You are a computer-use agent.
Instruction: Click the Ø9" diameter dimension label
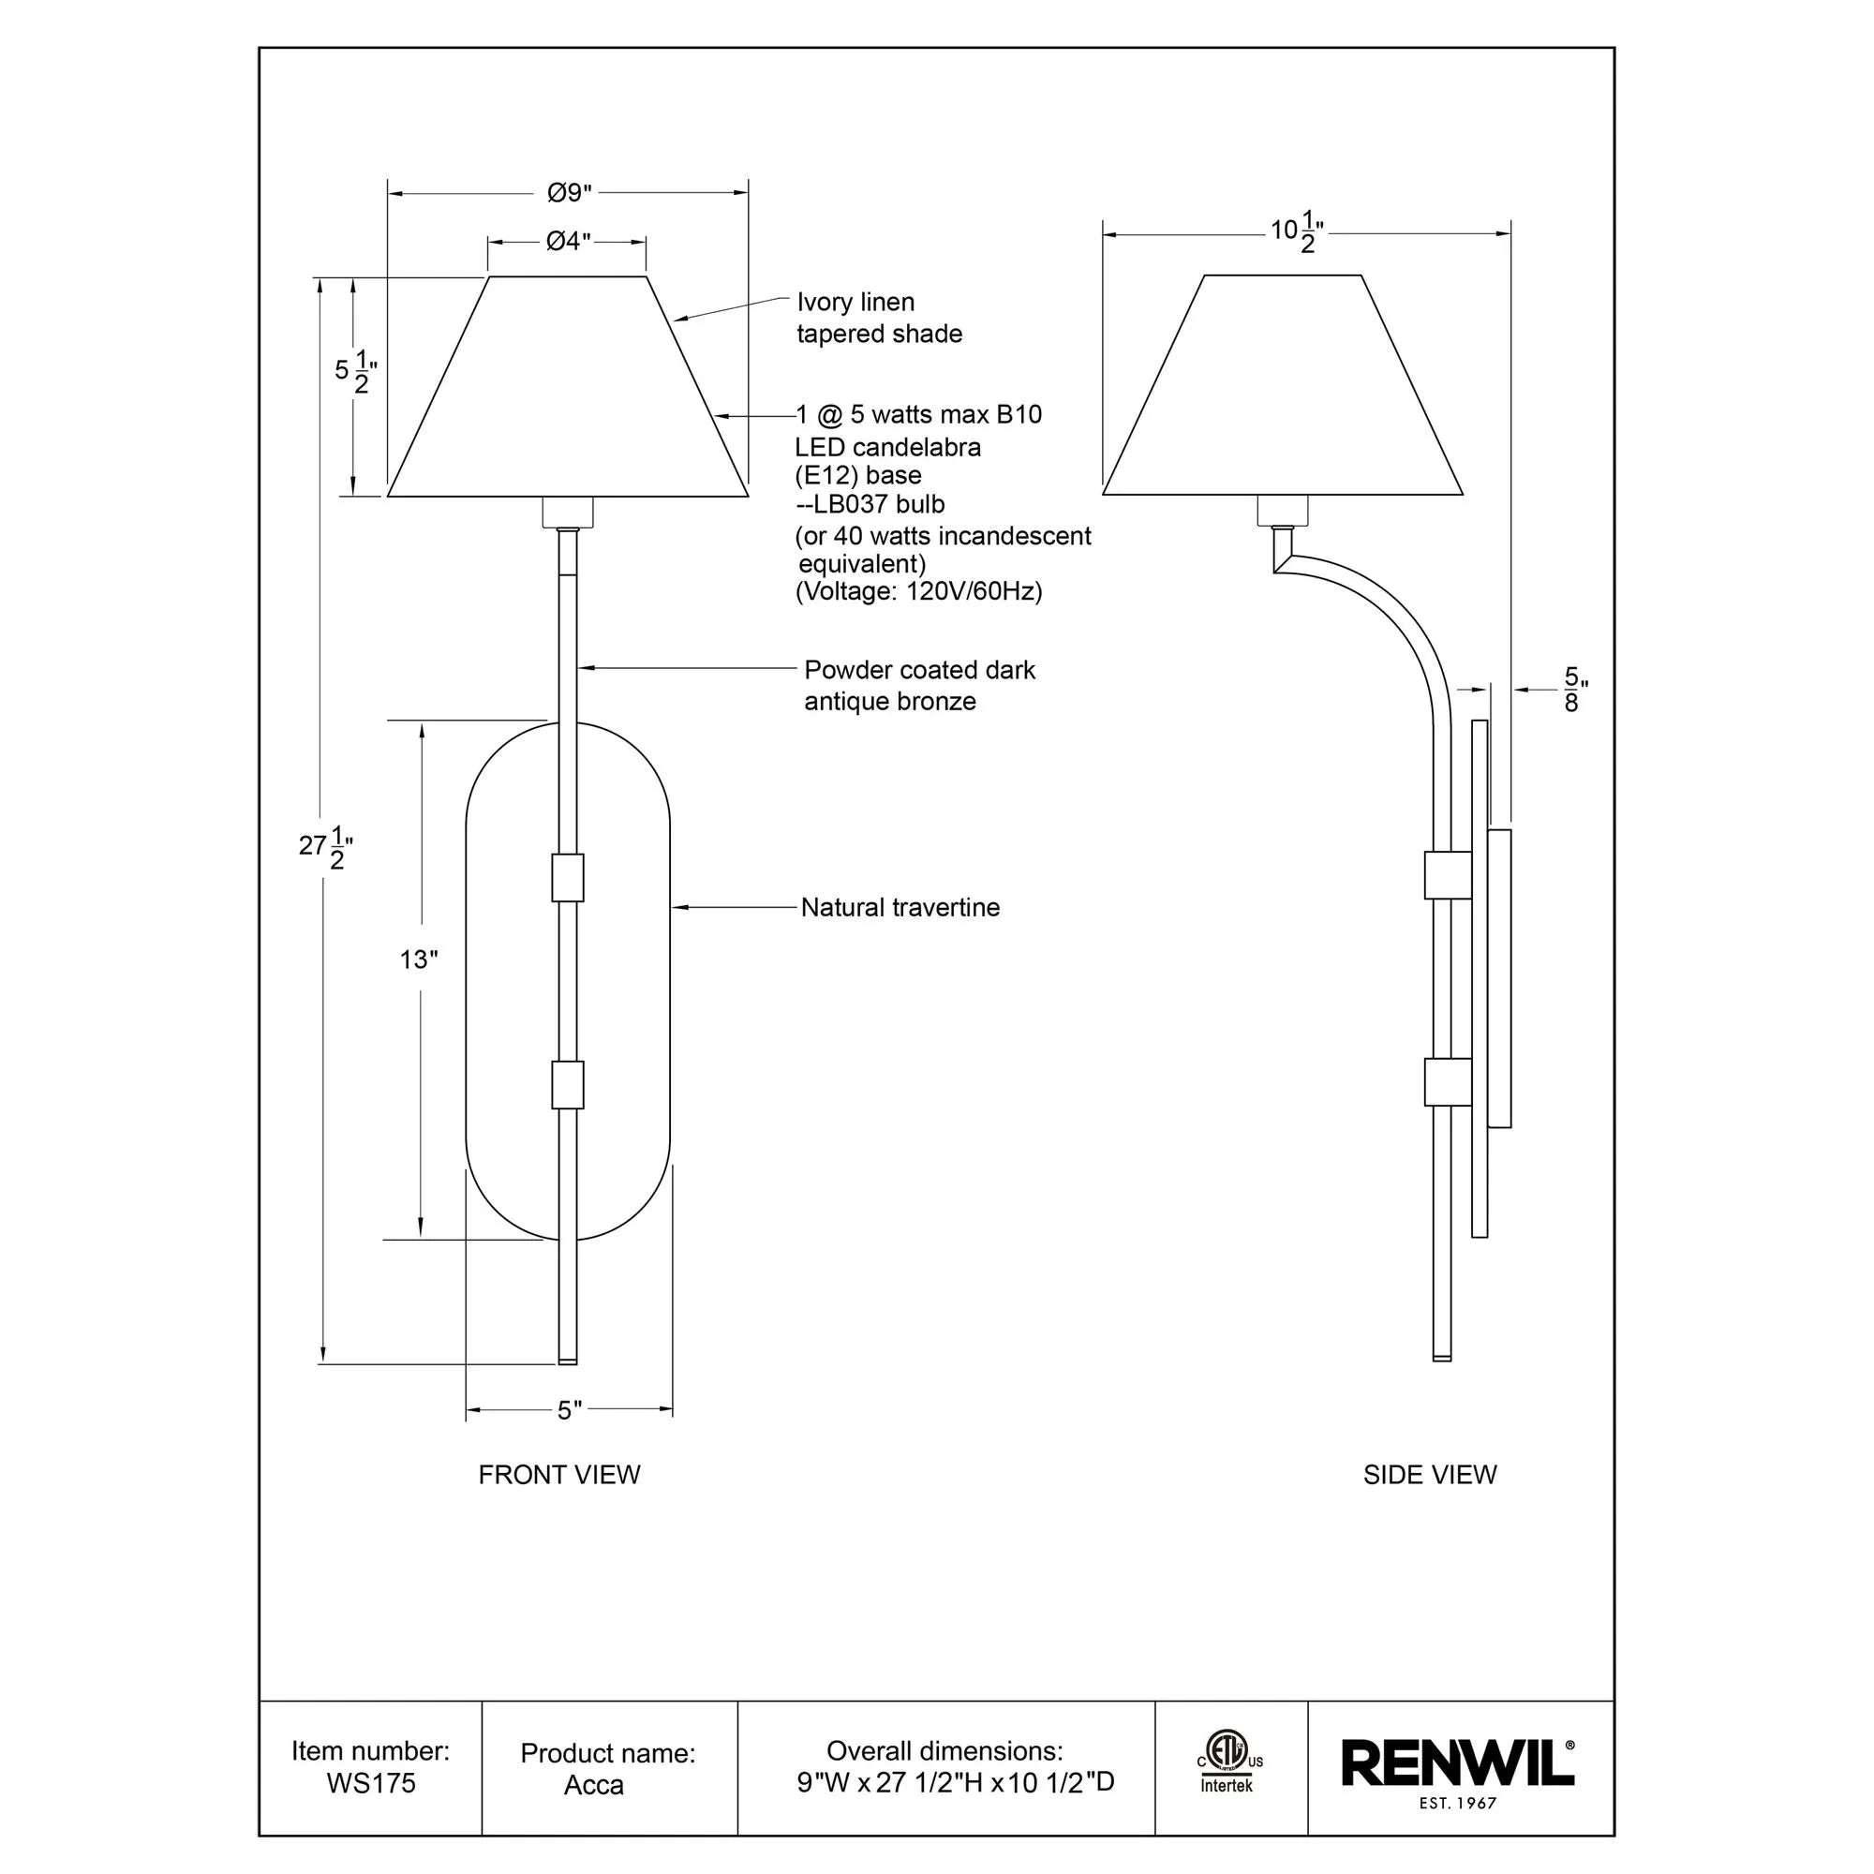click(x=569, y=193)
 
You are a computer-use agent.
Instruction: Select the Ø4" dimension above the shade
click(x=568, y=241)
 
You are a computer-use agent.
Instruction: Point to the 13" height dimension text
click(x=418, y=959)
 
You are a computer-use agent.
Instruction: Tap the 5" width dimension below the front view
click(x=570, y=1410)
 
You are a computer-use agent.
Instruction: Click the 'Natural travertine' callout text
click(x=900, y=908)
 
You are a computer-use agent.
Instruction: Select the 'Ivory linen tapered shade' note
click(x=878, y=319)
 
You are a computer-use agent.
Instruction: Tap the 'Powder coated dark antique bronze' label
click(x=918, y=686)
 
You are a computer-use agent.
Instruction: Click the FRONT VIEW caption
click(x=558, y=1474)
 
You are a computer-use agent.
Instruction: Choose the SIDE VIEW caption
click(x=1429, y=1474)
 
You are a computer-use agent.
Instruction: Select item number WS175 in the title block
click(x=370, y=1783)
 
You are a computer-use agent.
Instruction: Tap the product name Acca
click(x=594, y=1785)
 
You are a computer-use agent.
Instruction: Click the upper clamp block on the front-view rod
click(x=568, y=878)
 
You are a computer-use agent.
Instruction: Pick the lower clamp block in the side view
click(x=1448, y=1081)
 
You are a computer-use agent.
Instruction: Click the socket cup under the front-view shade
click(x=568, y=512)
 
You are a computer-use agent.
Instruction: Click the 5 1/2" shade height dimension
click(x=355, y=371)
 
